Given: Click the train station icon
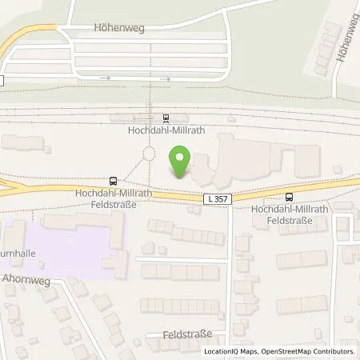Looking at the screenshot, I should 165,117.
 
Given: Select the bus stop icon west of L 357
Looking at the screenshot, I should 113,182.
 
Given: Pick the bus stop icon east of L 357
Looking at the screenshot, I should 289,197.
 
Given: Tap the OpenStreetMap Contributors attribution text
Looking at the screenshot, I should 306,351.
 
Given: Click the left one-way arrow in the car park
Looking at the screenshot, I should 104,78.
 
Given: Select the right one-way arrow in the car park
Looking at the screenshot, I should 168,78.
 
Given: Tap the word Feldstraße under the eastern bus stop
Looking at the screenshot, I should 289,219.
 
